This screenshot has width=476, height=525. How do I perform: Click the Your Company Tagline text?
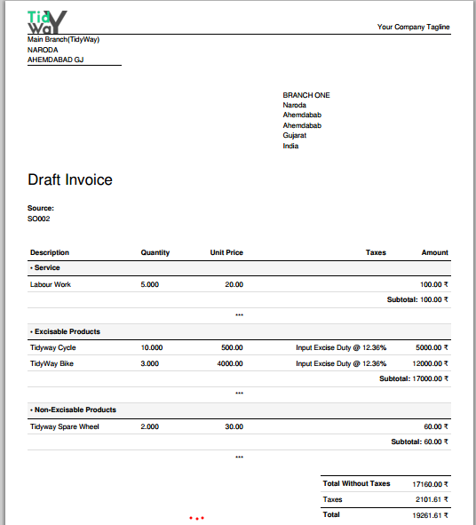pos(413,28)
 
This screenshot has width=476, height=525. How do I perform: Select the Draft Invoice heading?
pos(70,180)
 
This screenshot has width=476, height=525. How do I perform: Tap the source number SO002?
pos(39,218)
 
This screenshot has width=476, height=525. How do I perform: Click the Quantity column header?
pos(155,253)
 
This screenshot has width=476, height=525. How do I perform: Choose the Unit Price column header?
pos(226,253)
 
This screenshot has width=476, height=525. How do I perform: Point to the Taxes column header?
pos(376,253)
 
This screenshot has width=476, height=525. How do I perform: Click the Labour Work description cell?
pos(51,285)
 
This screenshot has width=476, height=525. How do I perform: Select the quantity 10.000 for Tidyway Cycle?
pos(152,348)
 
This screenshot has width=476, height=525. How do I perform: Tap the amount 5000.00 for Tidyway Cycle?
pos(432,348)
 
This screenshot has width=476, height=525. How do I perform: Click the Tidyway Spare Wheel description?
pos(65,426)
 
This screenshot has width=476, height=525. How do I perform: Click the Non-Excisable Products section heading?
pos(75,410)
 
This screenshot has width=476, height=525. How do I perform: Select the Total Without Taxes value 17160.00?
pos(430,485)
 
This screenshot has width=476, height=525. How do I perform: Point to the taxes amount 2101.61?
pos(432,500)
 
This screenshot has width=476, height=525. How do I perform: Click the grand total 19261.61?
pos(430,515)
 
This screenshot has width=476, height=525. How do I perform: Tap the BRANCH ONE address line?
pos(306,95)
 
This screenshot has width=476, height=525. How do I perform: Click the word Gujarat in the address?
pos(295,136)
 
